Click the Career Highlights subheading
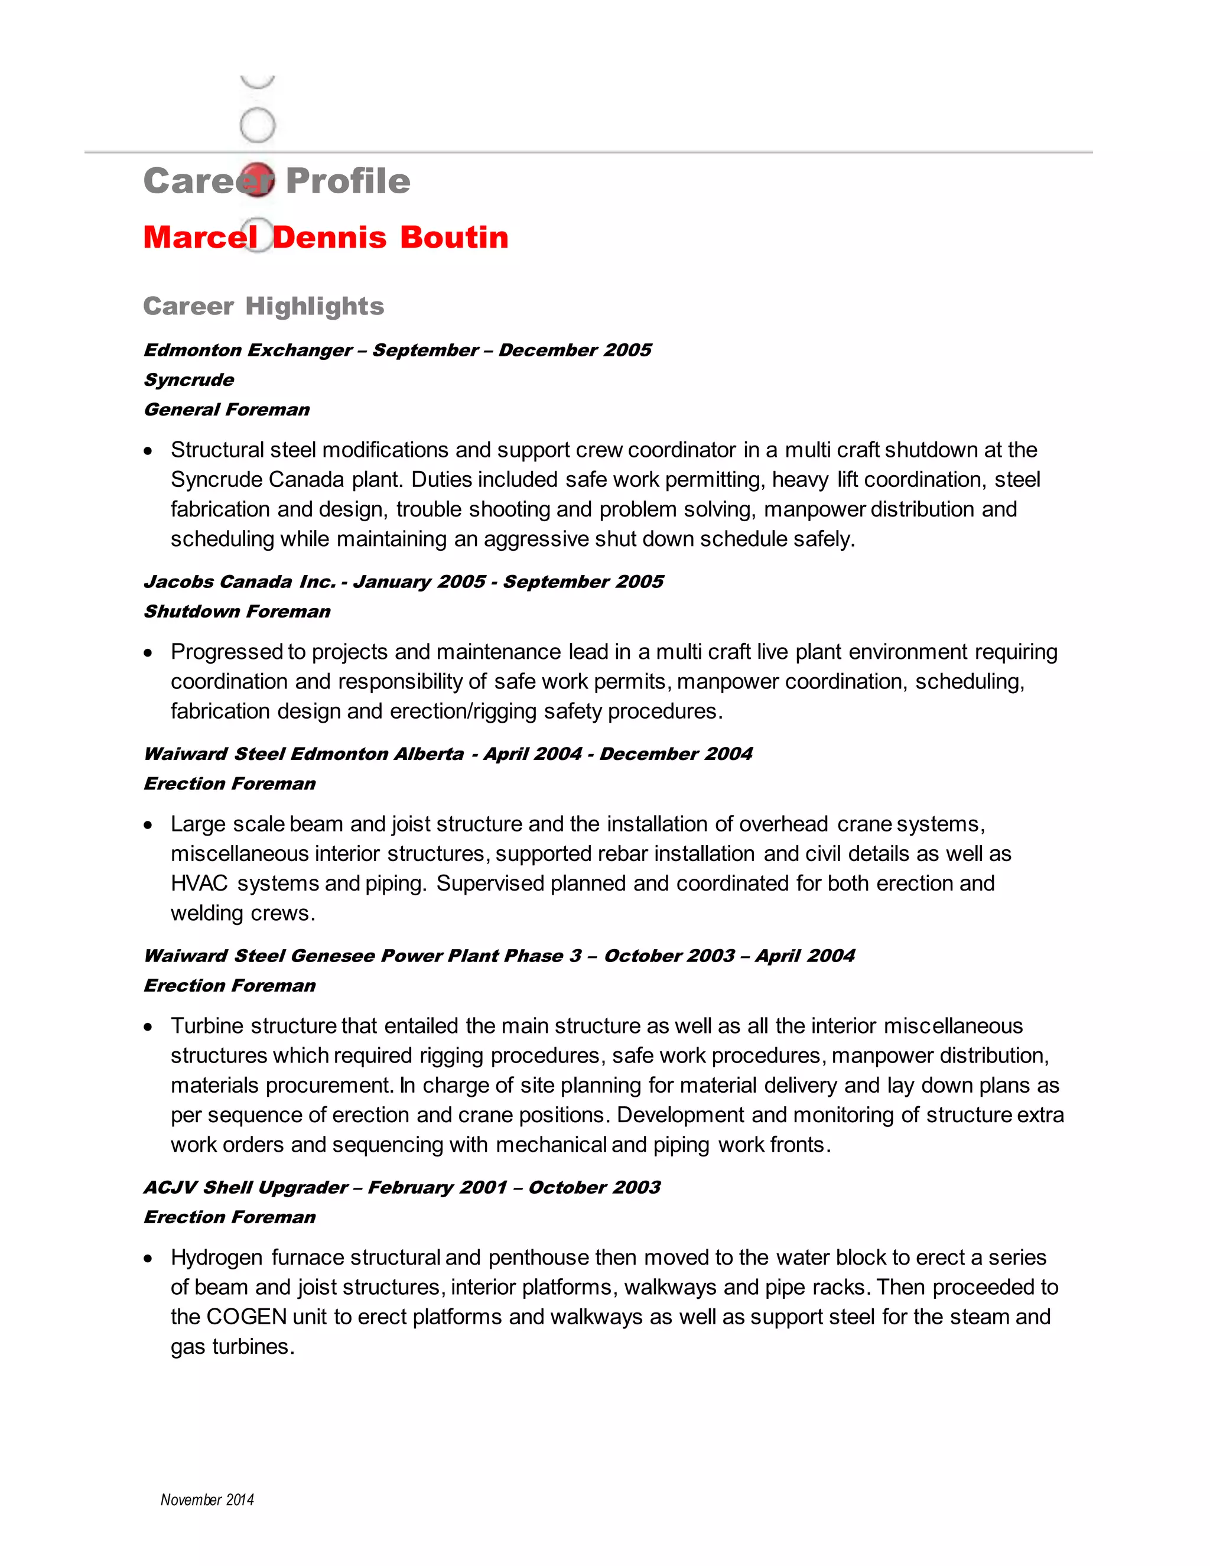point(263,306)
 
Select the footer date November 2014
point(207,1499)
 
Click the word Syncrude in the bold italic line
point(188,380)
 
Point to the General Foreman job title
point(226,410)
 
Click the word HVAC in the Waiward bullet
point(199,883)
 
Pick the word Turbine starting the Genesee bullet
point(207,1025)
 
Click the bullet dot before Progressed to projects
point(148,653)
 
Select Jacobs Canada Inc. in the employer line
point(239,581)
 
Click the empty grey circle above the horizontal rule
point(258,125)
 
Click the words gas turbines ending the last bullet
point(232,1347)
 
